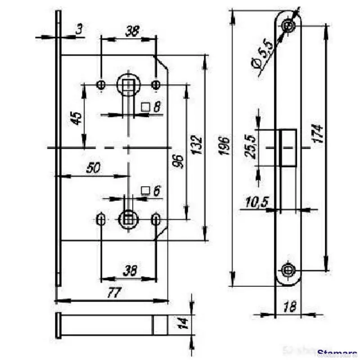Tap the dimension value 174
coord(318,134)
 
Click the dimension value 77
coord(112,293)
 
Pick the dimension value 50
coord(93,168)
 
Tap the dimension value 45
coord(77,119)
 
